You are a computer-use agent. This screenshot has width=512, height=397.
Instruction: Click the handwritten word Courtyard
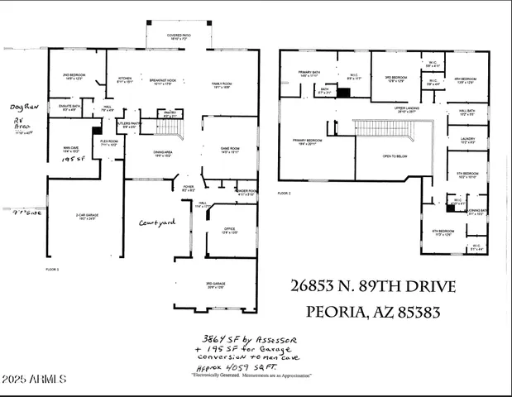pyautogui.click(x=157, y=222)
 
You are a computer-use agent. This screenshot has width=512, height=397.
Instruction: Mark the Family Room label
pyautogui.click(x=222, y=84)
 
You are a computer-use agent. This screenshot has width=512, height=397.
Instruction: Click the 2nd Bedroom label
pyautogui.click(x=76, y=76)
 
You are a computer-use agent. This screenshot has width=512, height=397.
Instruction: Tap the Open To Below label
pyautogui.click(x=393, y=155)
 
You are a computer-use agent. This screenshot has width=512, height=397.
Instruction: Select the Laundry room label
pyautogui.click(x=467, y=141)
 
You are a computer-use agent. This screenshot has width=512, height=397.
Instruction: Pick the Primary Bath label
pyautogui.click(x=310, y=74)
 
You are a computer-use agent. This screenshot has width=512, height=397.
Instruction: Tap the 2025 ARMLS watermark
pyautogui.click(x=35, y=380)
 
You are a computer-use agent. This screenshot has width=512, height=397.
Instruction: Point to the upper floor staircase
pyautogui.click(x=389, y=129)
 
